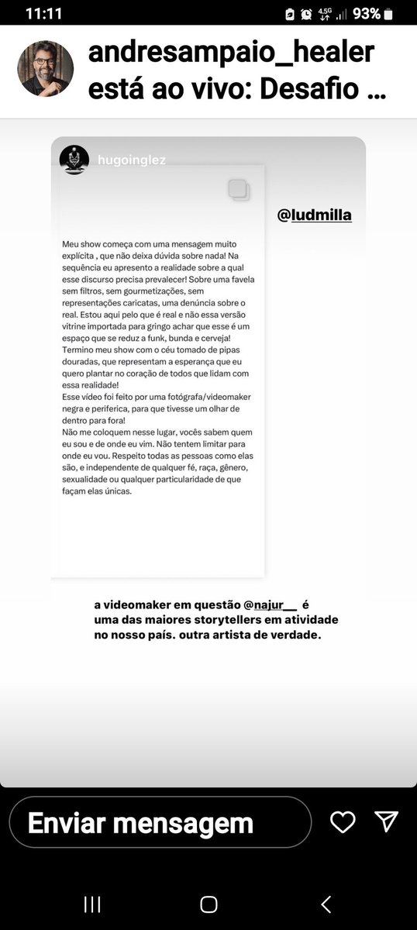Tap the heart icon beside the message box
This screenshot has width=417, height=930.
[343, 822]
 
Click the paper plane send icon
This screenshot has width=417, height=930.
[386, 821]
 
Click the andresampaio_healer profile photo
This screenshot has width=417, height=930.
[46, 69]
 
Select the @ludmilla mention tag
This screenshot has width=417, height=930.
[314, 215]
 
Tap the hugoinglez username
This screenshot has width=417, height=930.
[133, 160]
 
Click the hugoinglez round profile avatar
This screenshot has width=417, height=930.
[74, 159]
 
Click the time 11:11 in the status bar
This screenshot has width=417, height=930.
[43, 13]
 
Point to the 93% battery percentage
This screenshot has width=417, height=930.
[366, 14]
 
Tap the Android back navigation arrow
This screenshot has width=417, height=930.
[326, 904]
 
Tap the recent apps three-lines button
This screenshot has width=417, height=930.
[92, 904]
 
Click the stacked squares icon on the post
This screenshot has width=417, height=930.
[239, 189]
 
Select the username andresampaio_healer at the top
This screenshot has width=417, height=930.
[232, 53]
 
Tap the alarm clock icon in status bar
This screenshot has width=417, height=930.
[307, 14]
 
